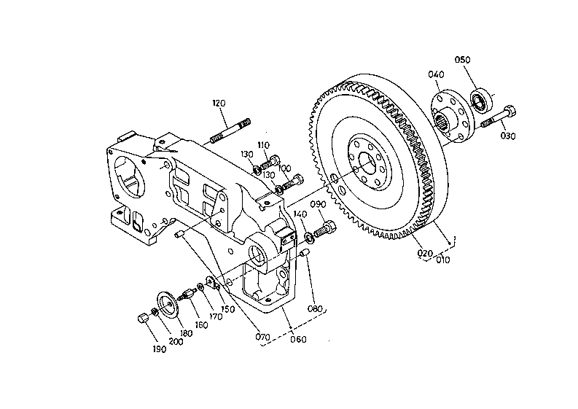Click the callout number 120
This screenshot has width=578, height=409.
click(219, 104)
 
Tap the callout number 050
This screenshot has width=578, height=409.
click(462, 60)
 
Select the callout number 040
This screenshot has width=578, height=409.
click(436, 74)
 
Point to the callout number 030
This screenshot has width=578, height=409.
click(508, 136)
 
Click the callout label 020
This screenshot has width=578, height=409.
click(425, 254)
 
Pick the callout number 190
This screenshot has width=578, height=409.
click(159, 349)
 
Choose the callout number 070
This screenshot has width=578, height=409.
click(262, 337)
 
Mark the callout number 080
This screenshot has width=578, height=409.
click(315, 308)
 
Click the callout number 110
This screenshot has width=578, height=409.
click(263, 145)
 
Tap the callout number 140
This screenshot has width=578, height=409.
click(300, 214)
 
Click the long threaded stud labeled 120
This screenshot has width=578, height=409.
click(230, 131)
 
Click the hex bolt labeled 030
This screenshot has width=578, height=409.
click(499, 117)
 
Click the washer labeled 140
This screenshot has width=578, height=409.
click(309, 237)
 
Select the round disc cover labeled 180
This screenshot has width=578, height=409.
click(168, 305)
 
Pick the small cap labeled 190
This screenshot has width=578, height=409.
click(143, 318)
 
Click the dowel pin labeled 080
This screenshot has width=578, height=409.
click(305, 253)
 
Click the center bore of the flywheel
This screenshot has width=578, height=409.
click(369, 163)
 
